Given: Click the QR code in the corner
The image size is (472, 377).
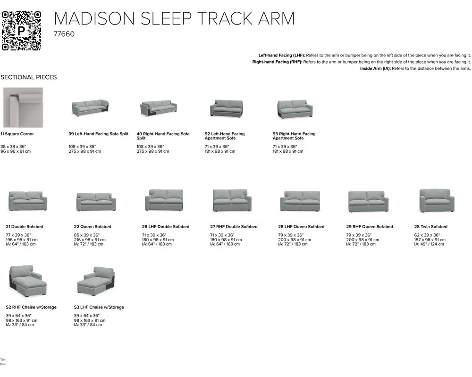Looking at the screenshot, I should click(21, 31).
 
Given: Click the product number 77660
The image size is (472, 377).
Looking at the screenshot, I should click(64, 34).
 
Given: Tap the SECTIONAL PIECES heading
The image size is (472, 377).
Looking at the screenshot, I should click(28, 77).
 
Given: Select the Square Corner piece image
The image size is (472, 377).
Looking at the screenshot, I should click(23, 107).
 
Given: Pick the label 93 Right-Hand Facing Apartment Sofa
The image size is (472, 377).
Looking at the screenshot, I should click(294, 136).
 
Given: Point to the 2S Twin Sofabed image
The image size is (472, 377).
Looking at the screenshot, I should click(437, 200).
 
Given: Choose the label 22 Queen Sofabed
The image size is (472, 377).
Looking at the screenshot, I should click(93, 227).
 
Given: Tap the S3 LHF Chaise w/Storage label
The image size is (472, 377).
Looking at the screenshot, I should click(99, 307).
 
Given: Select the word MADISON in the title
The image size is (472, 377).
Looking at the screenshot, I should click(94, 18).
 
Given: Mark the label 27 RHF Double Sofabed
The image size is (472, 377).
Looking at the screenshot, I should click(234, 227).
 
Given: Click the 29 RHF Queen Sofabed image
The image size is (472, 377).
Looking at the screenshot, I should click(368, 201).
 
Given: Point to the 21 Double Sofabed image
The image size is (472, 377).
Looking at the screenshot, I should click(27, 201).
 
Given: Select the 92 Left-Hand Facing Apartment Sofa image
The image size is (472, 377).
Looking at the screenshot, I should click(226, 108).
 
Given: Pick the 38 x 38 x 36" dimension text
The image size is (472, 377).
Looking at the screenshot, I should click(13, 147).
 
